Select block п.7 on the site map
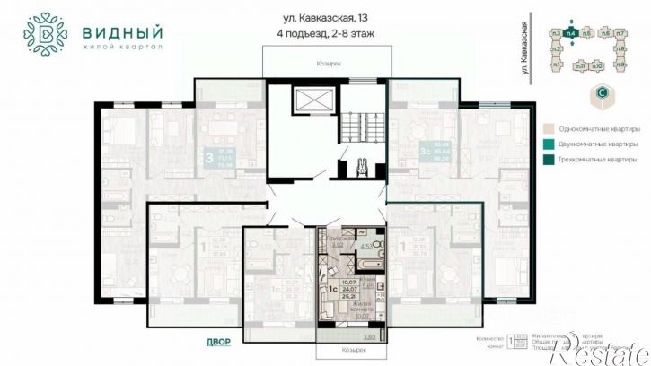(x=620, y=33)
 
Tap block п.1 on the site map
(x=556, y=65)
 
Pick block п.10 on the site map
(x=597, y=66)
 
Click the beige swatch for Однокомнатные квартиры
(x=548, y=127)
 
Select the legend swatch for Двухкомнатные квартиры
(x=548, y=144)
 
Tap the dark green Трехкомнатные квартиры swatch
(x=548, y=161)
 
